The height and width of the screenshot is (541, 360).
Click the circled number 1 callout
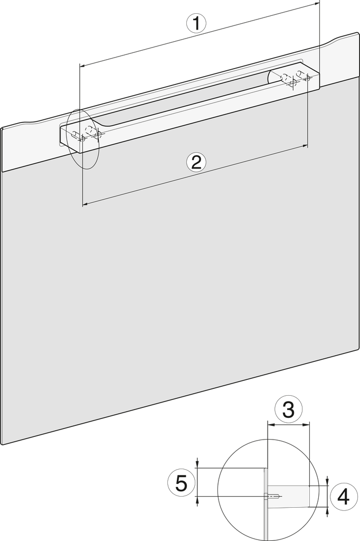(196, 24)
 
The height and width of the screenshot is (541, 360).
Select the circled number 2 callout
(196, 162)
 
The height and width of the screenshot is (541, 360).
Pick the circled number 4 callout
(344, 497)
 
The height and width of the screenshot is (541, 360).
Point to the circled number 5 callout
(181, 483)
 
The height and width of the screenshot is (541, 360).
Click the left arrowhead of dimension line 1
(81, 66)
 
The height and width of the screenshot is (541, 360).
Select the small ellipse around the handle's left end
(84, 139)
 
